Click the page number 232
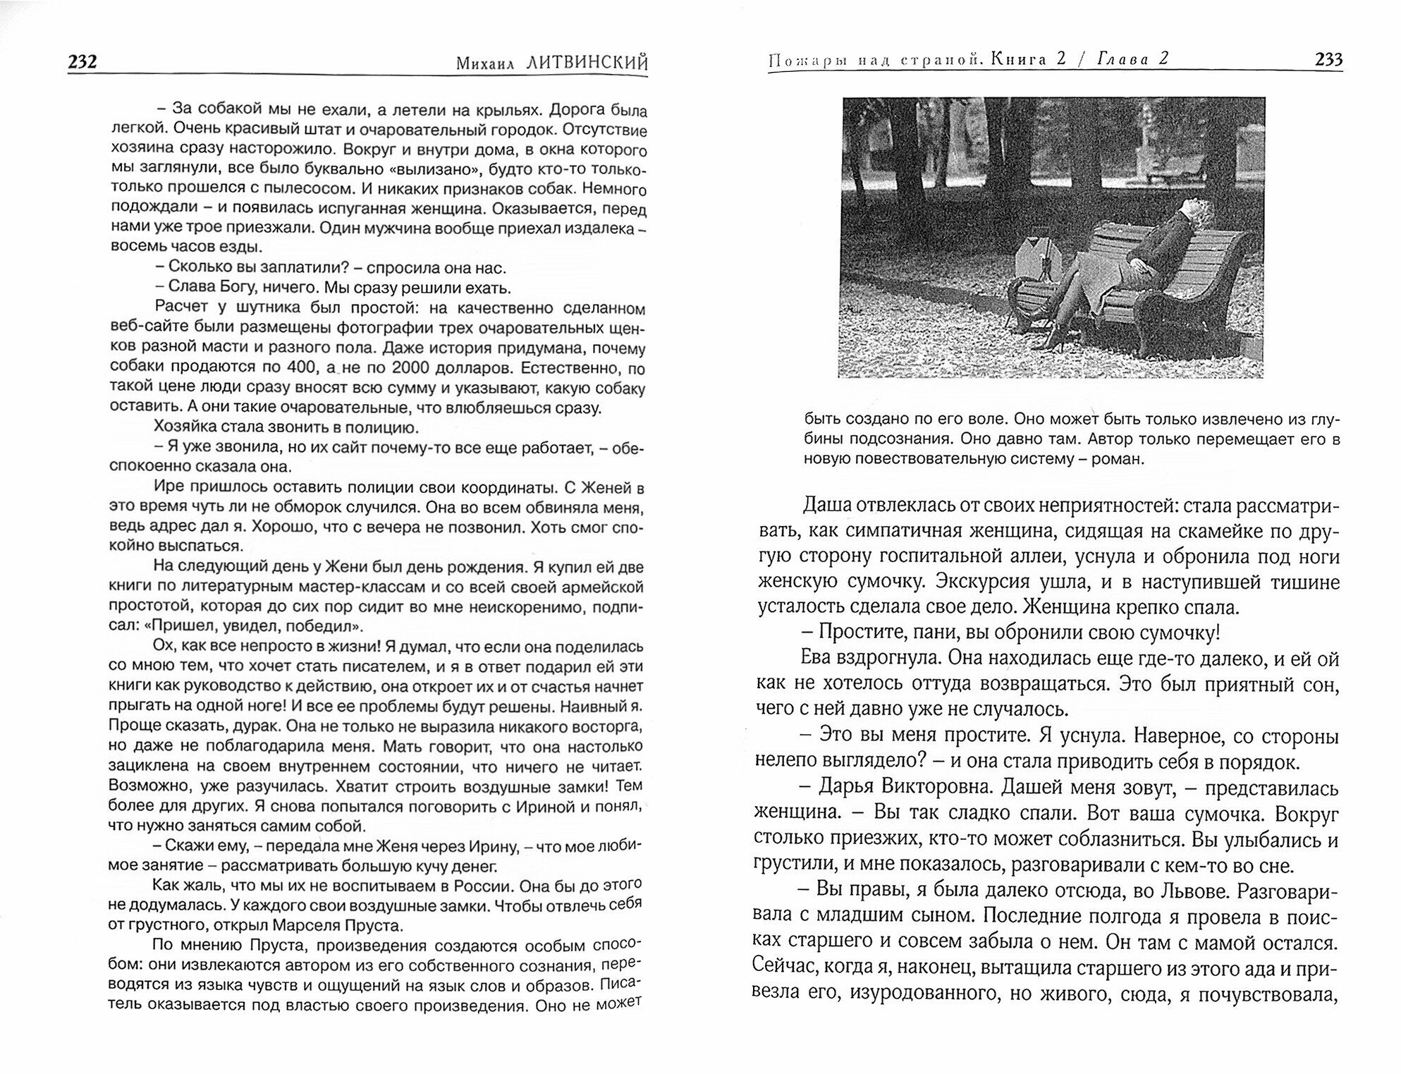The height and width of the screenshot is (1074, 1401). [82, 62]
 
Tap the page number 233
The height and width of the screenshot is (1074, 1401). [1328, 60]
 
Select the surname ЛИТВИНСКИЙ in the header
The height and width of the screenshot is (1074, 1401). [587, 63]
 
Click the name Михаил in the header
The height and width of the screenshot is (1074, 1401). [487, 63]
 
